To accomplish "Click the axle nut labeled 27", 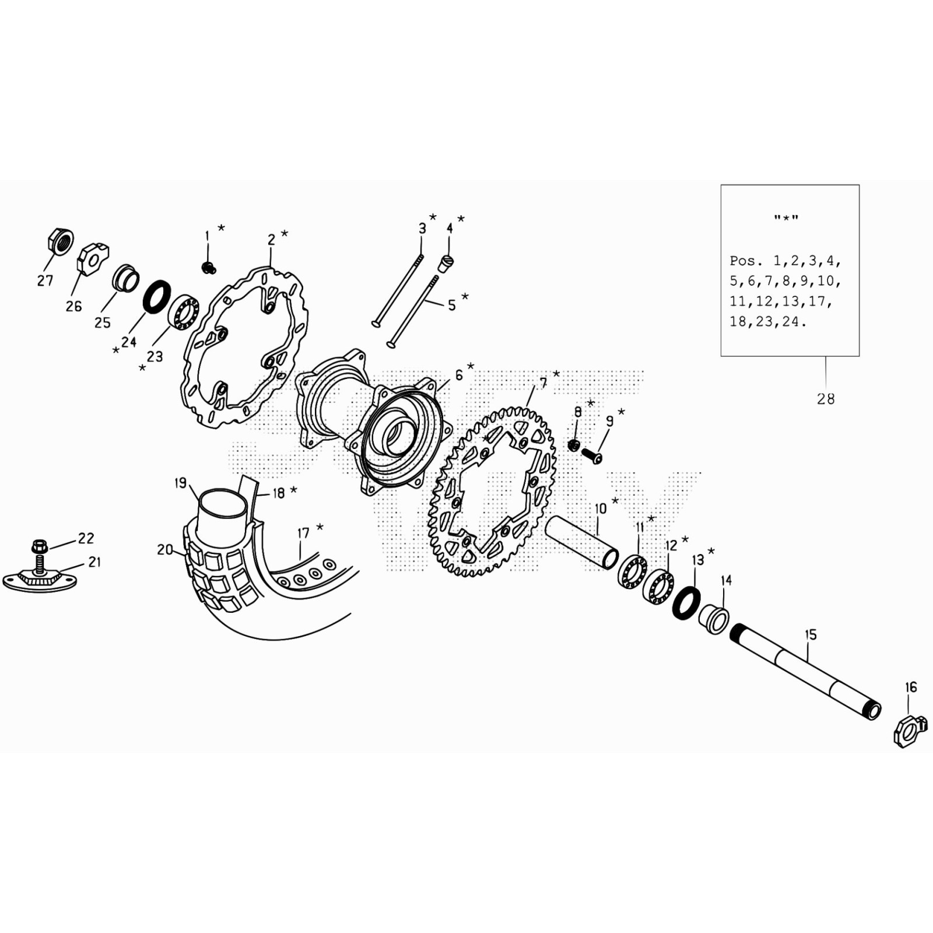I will [59, 241].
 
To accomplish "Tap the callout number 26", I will [73, 306].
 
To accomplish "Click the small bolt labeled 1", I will [208, 268].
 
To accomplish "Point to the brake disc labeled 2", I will [245, 350].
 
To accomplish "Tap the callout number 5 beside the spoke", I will [452, 306].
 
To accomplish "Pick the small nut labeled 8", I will [574, 446].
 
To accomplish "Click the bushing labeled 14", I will [714, 619].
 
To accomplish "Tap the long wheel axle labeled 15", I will [805, 671].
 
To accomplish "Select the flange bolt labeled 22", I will [40, 548].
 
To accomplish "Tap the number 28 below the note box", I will [825, 399].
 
